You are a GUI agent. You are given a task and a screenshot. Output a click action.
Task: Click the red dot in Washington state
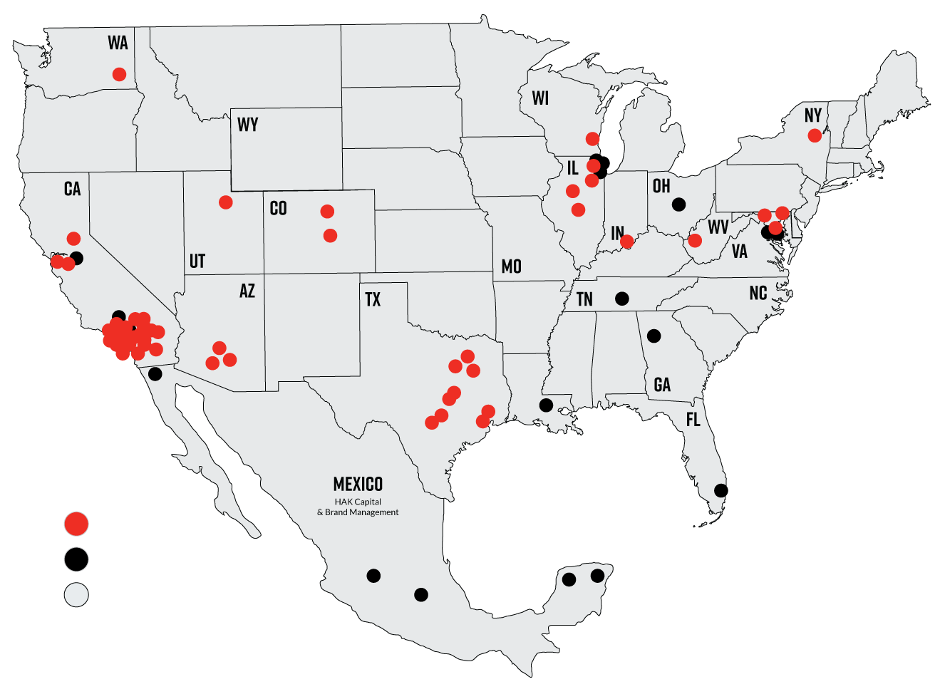(x=120, y=74)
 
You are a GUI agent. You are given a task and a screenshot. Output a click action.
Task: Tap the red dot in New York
(x=815, y=135)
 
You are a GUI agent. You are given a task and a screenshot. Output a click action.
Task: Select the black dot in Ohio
(x=678, y=204)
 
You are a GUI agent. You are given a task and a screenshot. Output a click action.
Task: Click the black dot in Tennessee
(x=622, y=298)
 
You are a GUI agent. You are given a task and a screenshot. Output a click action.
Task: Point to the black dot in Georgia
(x=654, y=336)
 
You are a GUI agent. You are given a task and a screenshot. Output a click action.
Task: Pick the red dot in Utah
(x=226, y=202)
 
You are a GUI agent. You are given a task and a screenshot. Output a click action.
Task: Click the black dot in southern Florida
(x=721, y=490)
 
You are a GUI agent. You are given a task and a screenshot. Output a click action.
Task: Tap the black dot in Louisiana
(x=546, y=405)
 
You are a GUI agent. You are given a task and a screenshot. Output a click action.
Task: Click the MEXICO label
(x=358, y=485)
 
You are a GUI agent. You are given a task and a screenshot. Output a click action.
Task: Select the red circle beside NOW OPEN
(x=76, y=524)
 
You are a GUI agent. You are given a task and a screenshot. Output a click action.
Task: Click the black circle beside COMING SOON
(x=76, y=559)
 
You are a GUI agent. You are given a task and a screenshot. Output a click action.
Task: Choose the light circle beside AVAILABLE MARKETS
(x=76, y=595)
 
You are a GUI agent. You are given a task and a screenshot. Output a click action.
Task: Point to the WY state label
(x=247, y=125)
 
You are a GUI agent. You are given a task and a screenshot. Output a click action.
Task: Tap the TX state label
(x=373, y=299)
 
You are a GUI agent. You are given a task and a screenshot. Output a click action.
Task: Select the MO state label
(x=511, y=266)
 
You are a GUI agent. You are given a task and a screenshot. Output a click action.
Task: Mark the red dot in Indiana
(x=626, y=242)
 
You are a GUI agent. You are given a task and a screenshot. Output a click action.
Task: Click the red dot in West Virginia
(x=695, y=241)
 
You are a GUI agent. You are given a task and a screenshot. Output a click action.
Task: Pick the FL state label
(x=693, y=420)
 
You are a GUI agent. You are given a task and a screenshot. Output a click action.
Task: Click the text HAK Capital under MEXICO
(x=358, y=502)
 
